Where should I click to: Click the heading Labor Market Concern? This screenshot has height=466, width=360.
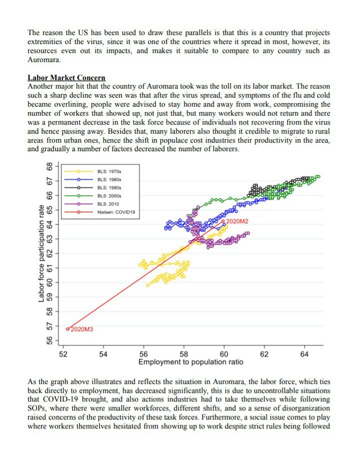pyautogui.click(x=66, y=78)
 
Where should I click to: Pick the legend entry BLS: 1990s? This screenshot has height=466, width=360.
pyautogui.click(x=108, y=188)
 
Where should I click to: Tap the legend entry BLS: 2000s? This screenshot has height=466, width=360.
pyautogui.click(x=108, y=196)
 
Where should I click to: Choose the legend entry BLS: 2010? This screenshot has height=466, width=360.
pyautogui.click(x=107, y=204)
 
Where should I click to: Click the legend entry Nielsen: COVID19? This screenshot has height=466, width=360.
pyautogui.click(x=116, y=212)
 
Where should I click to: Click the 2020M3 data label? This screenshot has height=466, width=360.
pyautogui.click(x=82, y=329)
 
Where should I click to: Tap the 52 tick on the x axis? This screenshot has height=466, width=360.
pyautogui.click(x=63, y=354)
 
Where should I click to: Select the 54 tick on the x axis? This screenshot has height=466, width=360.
pyautogui.click(x=103, y=354)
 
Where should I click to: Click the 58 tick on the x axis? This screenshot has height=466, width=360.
pyautogui.click(x=184, y=354)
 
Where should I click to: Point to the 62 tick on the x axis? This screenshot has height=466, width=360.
pyautogui.click(x=264, y=354)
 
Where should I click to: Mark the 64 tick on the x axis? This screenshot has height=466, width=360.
pyautogui.click(x=304, y=354)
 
